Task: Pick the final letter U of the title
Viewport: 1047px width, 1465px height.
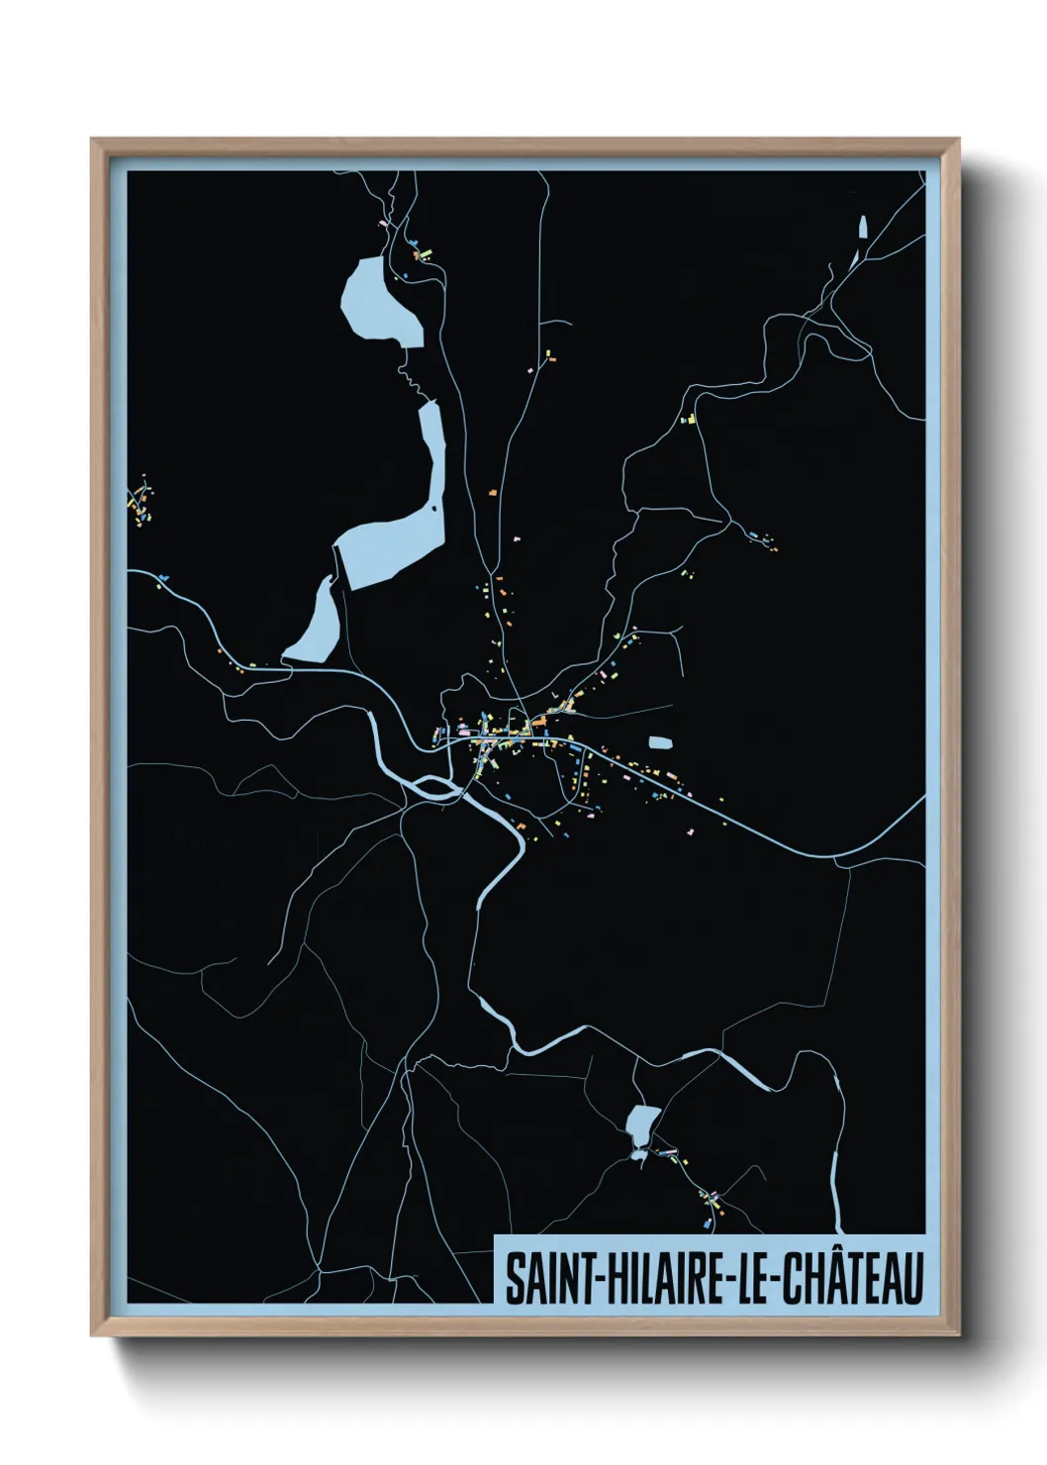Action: (910, 1279)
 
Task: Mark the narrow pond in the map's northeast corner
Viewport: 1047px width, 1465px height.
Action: (863, 230)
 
